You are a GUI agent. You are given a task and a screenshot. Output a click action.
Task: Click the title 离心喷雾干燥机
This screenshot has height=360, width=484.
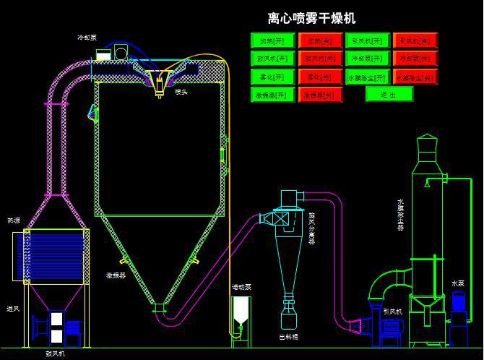tap(311, 19)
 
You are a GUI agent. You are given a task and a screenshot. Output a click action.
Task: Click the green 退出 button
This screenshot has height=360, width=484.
tap(389, 94)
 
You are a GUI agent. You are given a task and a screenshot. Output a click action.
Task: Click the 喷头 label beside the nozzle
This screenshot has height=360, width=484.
tap(181, 92)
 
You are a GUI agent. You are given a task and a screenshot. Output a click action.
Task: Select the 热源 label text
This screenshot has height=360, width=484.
tap(14, 220)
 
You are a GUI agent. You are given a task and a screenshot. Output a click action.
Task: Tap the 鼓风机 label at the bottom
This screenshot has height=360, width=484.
tap(55, 353)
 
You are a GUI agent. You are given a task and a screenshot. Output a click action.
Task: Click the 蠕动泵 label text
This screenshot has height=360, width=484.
tap(241, 287)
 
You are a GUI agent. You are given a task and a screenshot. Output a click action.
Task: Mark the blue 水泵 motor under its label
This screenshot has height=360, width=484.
tap(459, 318)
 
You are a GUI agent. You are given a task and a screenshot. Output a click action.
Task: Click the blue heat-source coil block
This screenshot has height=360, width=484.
tap(56, 254)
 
